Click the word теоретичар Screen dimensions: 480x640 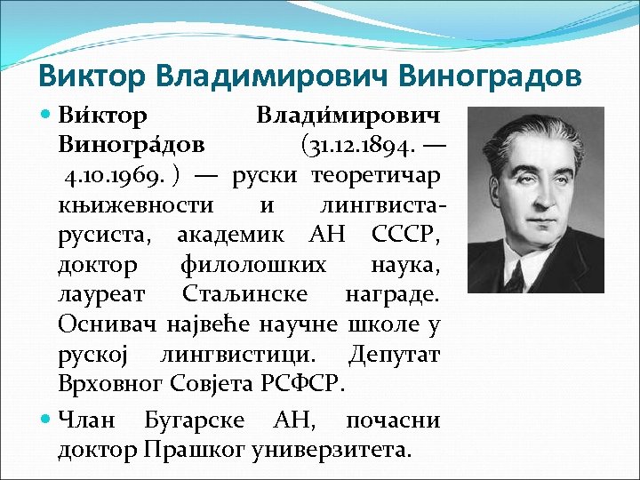[376, 174]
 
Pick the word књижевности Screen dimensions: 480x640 [136, 204]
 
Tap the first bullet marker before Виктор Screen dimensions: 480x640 [47, 115]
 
